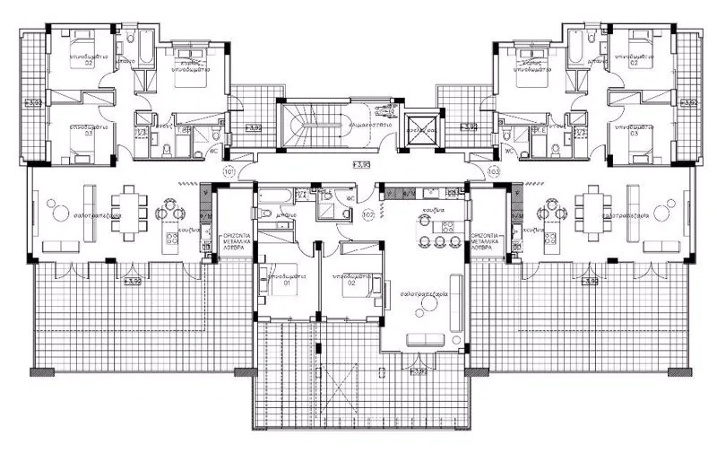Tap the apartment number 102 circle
[x=367, y=215]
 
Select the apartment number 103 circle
[x=492, y=170]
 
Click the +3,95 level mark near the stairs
[x=361, y=165]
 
